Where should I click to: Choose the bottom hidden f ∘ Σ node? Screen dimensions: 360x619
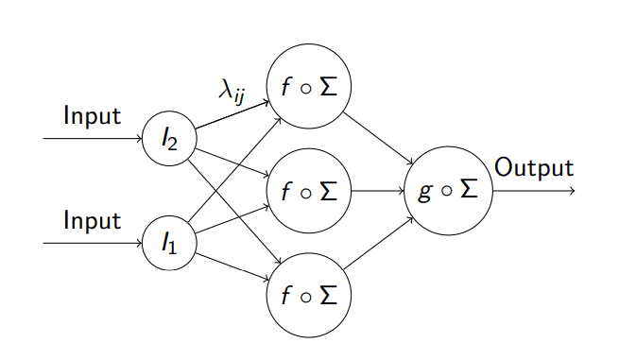(309, 294)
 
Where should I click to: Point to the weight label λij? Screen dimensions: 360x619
(235, 92)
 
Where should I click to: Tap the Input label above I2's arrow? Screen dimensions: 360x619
(92, 117)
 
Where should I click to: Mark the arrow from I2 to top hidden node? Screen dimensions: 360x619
(232, 114)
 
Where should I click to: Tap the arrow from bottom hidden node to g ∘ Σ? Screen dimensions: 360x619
(378, 242)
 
